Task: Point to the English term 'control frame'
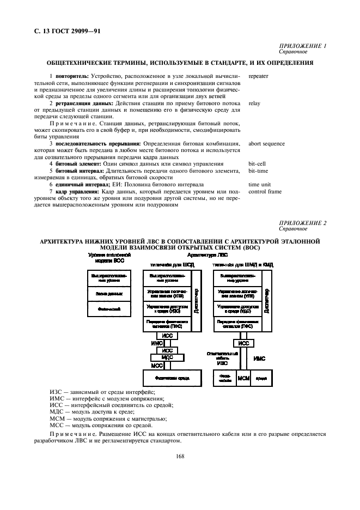(x=265, y=191)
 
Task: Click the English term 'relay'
(x=253, y=102)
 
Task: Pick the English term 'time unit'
(x=259, y=184)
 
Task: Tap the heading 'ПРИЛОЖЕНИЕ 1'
(x=302, y=46)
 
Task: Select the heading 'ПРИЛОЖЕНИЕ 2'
(x=302, y=223)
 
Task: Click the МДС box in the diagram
(x=167, y=357)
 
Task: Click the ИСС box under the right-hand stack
(x=243, y=343)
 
